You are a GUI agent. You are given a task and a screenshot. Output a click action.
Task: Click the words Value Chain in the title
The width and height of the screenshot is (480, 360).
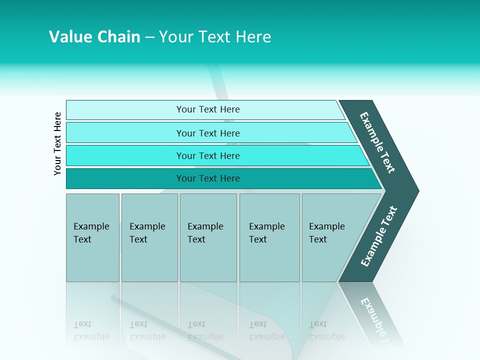coord(94,37)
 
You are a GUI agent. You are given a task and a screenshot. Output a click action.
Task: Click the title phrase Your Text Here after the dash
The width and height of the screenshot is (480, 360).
coord(215,37)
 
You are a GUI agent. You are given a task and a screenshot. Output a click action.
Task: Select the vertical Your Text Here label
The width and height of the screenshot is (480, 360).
coord(57,143)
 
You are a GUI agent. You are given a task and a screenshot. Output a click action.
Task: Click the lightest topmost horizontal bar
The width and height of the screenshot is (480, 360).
coord(207,109)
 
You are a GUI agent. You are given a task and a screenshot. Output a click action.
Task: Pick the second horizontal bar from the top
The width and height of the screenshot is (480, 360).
coord(207,133)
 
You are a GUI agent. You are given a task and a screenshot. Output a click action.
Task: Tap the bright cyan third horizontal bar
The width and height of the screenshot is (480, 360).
coord(207,155)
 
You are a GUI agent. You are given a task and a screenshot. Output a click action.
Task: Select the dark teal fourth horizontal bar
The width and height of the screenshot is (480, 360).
coord(207,178)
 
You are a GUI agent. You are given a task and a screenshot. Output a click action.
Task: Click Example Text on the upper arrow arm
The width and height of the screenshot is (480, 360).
coord(377,142)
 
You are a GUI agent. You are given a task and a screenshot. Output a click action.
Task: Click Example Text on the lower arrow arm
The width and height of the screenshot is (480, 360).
coord(379,236)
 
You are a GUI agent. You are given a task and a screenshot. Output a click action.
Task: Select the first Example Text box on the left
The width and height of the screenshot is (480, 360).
coord(92,237)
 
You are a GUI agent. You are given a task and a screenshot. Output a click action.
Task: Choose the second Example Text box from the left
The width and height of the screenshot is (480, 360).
coord(149,237)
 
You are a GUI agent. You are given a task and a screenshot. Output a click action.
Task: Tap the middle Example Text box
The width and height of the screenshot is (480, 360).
coord(208,237)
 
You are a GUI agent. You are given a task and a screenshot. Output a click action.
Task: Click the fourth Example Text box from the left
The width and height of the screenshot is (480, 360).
coord(269,237)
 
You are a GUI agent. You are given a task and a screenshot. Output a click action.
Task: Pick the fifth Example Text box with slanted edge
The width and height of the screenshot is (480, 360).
coord(330,237)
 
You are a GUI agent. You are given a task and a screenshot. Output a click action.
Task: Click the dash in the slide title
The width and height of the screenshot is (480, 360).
coord(149,37)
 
